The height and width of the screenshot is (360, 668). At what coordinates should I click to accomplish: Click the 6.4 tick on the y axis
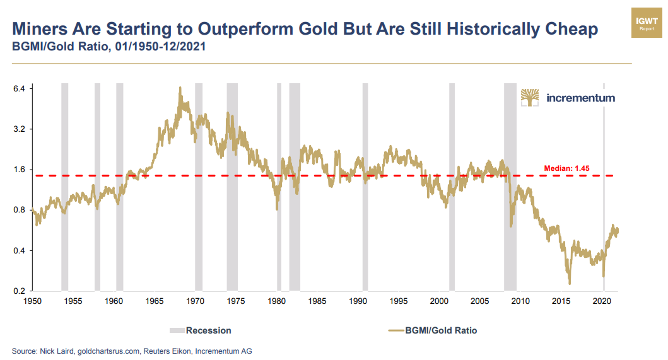(18, 89)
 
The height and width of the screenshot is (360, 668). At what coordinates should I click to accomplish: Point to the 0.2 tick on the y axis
(18, 291)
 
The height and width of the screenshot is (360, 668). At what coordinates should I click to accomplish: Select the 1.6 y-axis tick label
(18, 170)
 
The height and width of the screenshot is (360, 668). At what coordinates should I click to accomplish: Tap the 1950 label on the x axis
(32, 301)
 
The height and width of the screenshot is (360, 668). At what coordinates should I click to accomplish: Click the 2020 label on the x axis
(602, 301)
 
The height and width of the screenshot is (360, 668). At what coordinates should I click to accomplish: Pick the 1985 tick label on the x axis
(317, 301)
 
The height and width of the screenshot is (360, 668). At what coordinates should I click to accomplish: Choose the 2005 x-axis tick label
(480, 301)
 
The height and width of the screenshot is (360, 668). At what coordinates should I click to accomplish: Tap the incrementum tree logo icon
(530, 98)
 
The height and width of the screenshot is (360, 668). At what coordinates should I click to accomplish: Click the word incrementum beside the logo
(580, 98)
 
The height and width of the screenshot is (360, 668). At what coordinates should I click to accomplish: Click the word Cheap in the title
(565, 30)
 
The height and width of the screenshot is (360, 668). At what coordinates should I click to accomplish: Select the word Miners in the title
(40, 30)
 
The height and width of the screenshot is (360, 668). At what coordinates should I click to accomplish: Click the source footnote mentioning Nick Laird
(132, 351)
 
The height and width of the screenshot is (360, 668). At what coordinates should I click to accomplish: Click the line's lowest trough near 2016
(570, 284)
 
